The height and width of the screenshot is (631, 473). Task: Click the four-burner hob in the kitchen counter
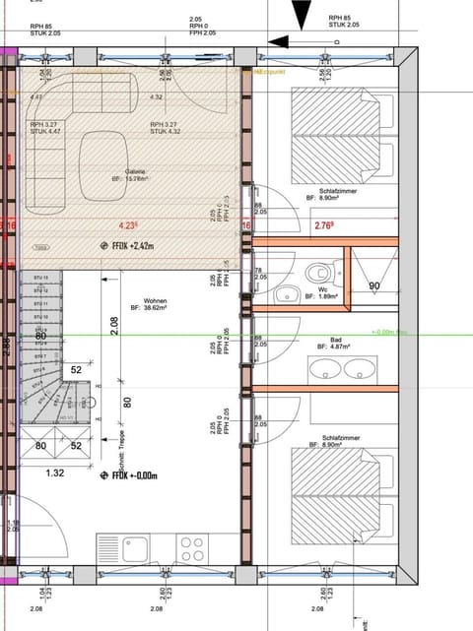coord(191,546)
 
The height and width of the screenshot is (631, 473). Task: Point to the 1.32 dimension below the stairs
coord(55,473)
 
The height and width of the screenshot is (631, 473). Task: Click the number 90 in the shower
coord(374,285)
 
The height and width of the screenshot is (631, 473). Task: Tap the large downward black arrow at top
coord(300,10)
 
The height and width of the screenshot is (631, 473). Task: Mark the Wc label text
coord(321,288)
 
